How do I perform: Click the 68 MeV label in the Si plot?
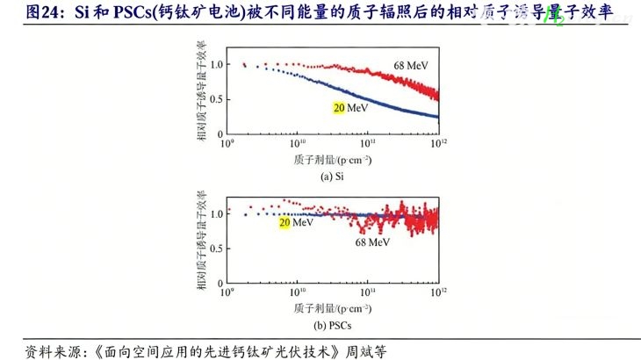click(410, 66)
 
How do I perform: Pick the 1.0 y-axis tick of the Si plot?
click(218, 64)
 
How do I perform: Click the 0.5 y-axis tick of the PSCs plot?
click(218, 243)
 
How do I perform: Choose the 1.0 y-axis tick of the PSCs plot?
click(218, 213)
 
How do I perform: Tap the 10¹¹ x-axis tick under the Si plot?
click(367, 143)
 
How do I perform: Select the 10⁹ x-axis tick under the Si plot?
click(227, 143)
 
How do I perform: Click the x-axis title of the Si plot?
click(333, 159)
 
